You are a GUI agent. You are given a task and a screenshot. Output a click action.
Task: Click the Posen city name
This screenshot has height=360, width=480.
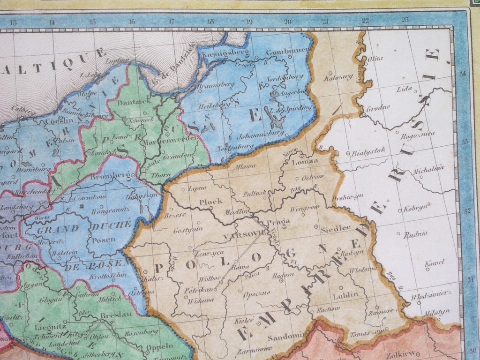105,240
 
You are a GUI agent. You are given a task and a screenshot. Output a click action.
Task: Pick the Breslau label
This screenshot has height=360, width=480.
115,316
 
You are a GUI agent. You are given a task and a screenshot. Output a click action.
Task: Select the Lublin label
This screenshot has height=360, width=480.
345,295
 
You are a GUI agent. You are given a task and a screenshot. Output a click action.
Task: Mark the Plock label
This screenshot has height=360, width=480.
210,202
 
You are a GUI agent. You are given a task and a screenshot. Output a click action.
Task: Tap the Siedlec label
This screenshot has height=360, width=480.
336,229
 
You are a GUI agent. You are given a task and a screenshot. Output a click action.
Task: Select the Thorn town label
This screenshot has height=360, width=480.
161,175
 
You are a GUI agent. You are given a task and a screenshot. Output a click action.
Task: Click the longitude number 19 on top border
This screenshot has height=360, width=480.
249,22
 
